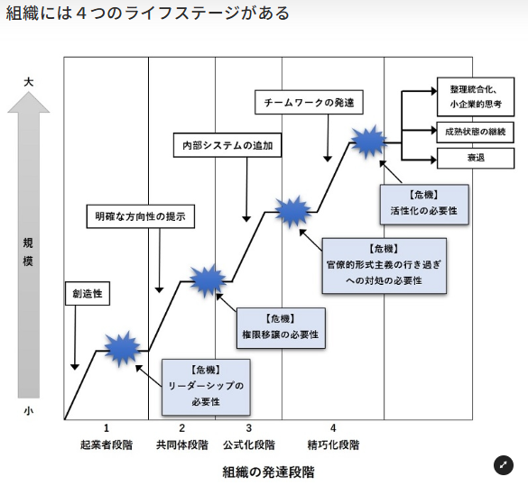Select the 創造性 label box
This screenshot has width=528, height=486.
pyautogui.click(x=88, y=294)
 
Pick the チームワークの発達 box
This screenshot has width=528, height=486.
pyautogui.click(x=309, y=102)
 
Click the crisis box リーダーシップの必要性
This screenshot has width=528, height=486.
pyautogui.click(x=206, y=386)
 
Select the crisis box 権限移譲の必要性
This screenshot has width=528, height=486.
pyautogui.click(x=281, y=327)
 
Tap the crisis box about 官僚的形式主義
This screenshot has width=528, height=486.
pyautogui.click(x=386, y=265)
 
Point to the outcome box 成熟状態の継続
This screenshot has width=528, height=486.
pyautogui.click(x=475, y=132)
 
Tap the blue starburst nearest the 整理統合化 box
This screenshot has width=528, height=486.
pyautogui.click(x=368, y=142)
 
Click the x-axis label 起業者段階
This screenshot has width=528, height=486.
pyautogui.click(x=106, y=445)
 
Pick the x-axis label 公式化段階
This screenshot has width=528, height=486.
pyautogui.click(x=248, y=445)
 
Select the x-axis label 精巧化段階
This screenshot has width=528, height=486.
pyautogui.click(x=333, y=445)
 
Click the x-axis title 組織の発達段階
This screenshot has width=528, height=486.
pyautogui.click(x=269, y=472)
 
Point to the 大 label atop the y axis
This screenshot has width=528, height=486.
pyautogui.click(x=29, y=82)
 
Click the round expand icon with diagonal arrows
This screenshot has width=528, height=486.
pyautogui.click(x=503, y=465)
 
